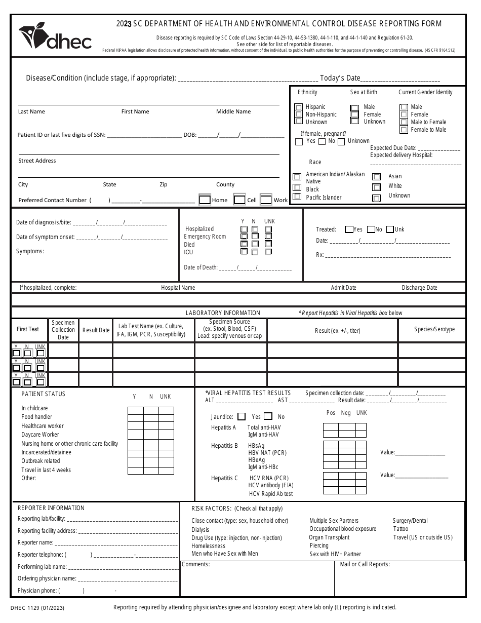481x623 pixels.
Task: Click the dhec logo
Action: pos(55,38)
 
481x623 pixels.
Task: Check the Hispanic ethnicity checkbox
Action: pos(299,107)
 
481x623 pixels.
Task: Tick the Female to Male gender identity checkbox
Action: pos(404,130)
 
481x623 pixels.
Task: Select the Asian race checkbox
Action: pos(376,177)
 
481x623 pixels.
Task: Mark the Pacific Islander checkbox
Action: pos(297,197)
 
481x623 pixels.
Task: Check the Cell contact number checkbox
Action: pos(239,200)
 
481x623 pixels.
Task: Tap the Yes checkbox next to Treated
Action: pos(348,229)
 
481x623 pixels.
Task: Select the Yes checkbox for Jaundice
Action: pos(242,416)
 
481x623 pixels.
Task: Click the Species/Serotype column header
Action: pos(434,329)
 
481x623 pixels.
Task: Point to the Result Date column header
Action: pos(96,330)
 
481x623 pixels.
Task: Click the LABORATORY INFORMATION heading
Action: pos(223,313)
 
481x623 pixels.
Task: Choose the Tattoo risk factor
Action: pos(400,529)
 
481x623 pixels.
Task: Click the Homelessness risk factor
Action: pos(208,546)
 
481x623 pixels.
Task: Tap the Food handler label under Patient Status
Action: pos(36,417)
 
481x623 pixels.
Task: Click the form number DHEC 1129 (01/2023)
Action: pos(37,607)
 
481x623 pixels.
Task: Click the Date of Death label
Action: pos(201,267)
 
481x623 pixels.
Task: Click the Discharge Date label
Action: pos(419,288)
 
